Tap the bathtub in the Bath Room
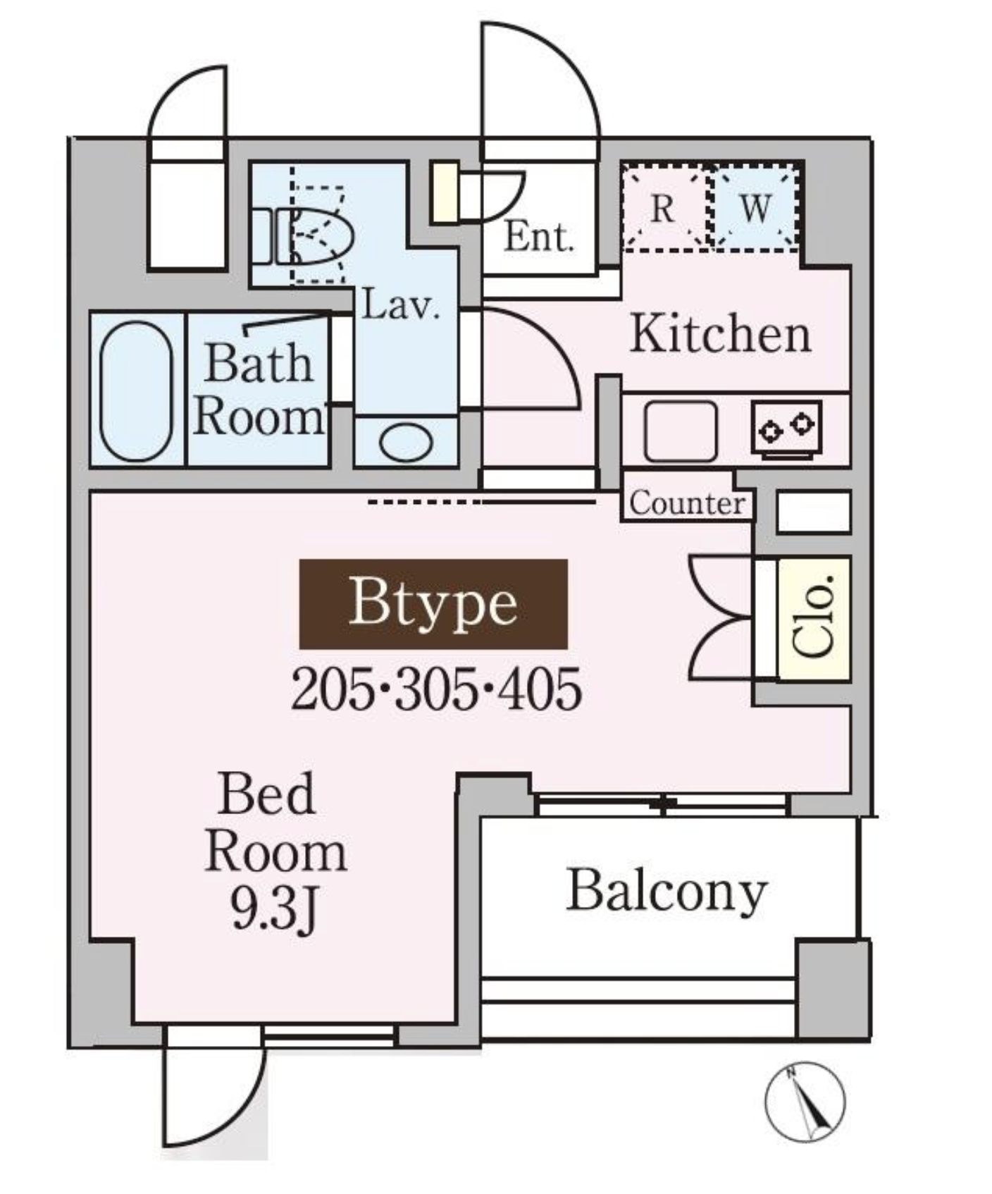136,391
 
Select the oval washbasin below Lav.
406,442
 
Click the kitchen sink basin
680,431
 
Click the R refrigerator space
662,208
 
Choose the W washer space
755,208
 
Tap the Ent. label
540,238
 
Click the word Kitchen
720,334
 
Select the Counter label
687,503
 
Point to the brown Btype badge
433,604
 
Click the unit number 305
437,689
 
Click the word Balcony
666,892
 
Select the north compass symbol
805,1102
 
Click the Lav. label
401,306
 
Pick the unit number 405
540,689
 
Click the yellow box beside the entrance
444,192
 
